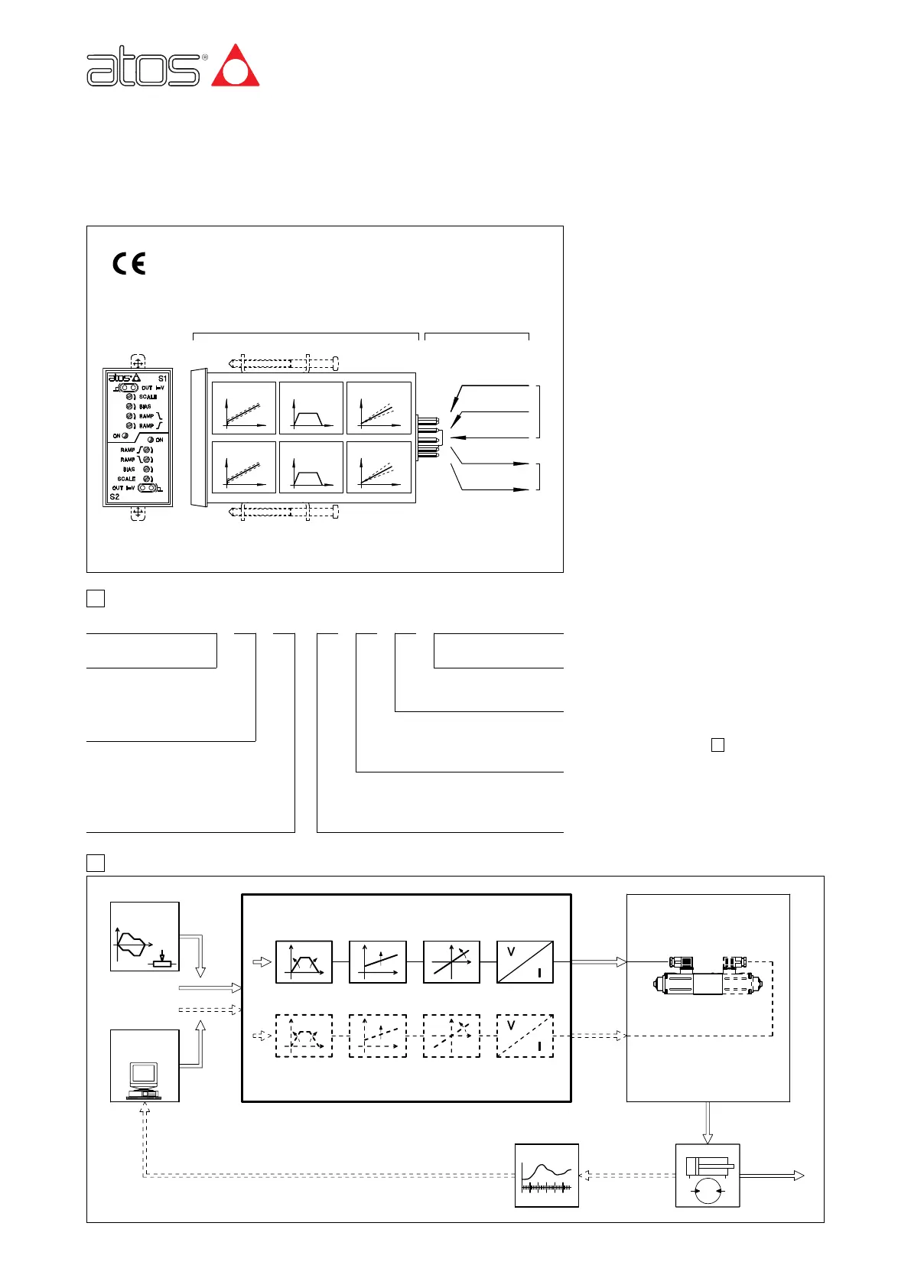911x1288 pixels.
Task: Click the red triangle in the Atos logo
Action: (236, 67)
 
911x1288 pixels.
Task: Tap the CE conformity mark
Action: (129, 264)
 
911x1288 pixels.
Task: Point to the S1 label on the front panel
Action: (162, 379)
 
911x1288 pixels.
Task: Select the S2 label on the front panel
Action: (115, 496)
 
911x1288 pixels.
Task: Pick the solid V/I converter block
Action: (525, 962)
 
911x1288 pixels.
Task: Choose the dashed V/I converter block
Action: (525, 1036)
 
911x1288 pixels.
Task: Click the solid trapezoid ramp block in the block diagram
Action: (304, 962)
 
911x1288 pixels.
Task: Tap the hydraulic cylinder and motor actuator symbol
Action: (708, 1176)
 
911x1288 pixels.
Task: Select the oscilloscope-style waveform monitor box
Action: (546, 1176)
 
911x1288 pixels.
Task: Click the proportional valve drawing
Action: (708, 979)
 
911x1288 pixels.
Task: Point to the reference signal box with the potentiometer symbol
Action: (145, 937)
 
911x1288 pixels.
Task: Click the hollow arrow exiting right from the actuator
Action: (773, 1176)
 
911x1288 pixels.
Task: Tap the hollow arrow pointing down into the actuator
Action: (708, 1122)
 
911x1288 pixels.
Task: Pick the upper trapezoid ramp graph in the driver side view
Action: (311, 408)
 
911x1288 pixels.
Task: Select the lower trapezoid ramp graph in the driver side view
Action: (311, 467)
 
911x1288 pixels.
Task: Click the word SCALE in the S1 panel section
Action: (148, 397)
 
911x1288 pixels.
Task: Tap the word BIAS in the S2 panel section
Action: (129, 470)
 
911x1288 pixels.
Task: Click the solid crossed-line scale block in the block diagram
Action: (451, 962)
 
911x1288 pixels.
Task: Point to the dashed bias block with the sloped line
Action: (378, 1036)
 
